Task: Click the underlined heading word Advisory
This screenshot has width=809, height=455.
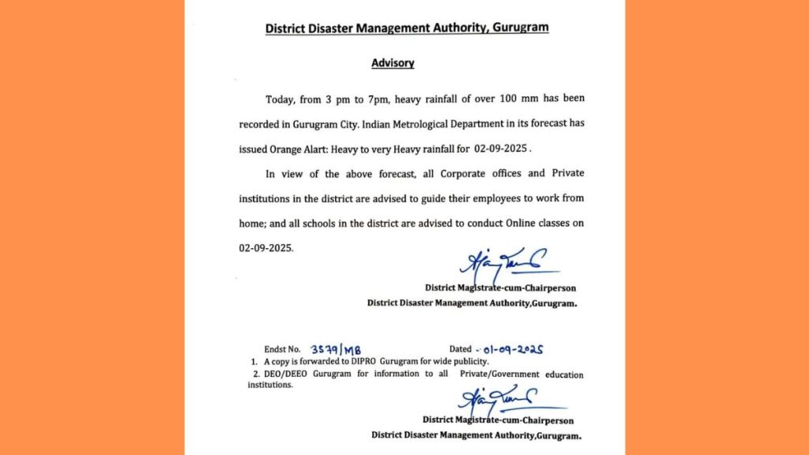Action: [393, 62]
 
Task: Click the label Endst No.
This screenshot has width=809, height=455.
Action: [283, 349]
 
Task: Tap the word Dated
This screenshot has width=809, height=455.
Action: [461, 349]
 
